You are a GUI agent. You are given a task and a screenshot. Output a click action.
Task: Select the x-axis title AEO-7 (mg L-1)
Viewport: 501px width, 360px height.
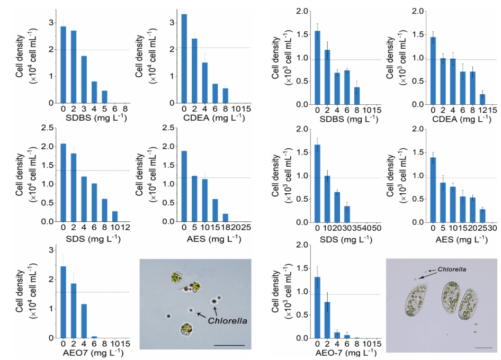click(346, 352)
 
